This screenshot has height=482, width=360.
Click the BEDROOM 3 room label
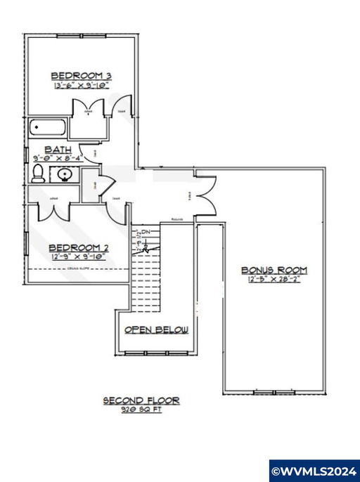(x=83, y=75)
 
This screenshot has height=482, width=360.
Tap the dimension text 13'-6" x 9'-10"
(x=83, y=86)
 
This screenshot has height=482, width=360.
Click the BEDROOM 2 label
(x=77, y=247)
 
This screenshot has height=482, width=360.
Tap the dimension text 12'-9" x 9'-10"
(x=77, y=257)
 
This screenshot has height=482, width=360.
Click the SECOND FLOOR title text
(x=141, y=401)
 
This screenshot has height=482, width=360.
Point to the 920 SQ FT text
(x=141, y=410)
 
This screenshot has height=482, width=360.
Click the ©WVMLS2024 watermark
(x=314, y=469)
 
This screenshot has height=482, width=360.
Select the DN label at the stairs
(x=146, y=231)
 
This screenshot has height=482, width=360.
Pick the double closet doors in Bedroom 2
(x=53, y=209)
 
